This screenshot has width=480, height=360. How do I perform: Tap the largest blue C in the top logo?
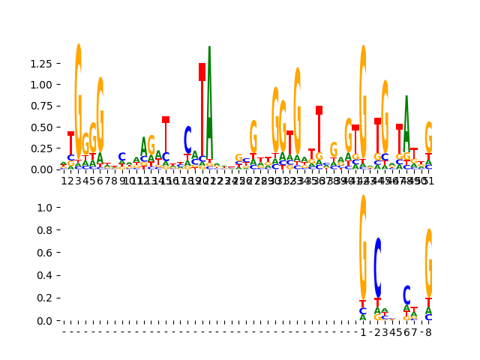pos(187,139)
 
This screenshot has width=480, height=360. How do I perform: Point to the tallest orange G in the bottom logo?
pos(363,247)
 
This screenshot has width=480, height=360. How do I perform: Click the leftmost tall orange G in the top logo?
pos(78,97)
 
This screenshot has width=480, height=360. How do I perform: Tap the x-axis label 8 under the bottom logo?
pos(429,332)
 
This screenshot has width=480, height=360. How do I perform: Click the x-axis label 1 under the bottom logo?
pos(363,332)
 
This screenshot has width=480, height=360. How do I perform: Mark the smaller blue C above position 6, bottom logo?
pos(406,295)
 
